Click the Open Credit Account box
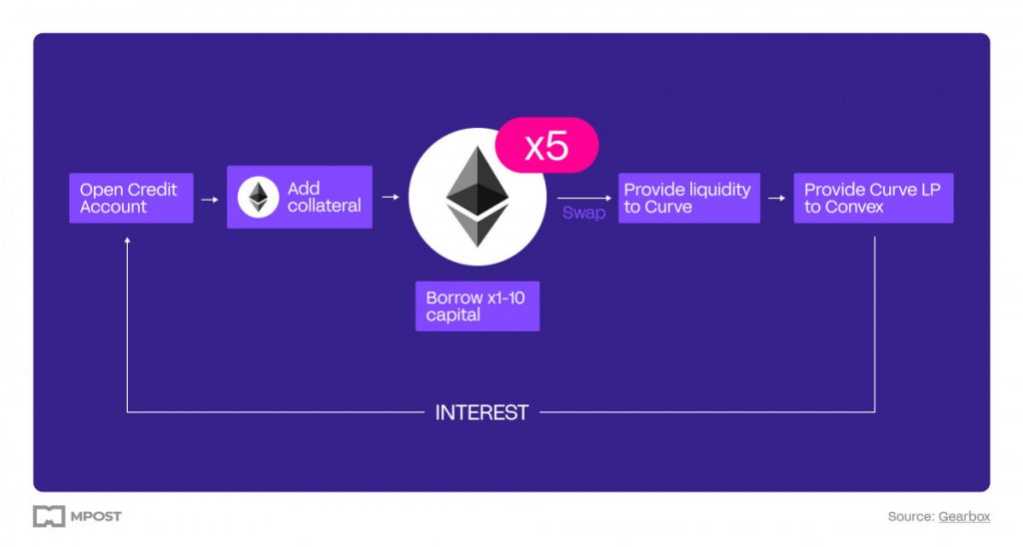click(x=131, y=199)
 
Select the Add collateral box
click(x=300, y=197)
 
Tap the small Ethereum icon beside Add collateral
click(x=259, y=197)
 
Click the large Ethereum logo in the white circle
click(x=478, y=197)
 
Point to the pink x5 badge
click(x=546, y=146)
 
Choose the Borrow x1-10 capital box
click(x=478, y=306)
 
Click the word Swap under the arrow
click(x=583, y=213)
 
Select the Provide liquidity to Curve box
click(x=689, y=199)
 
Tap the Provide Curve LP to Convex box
click(x=873, y=199)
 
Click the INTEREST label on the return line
click(x=482, y=412)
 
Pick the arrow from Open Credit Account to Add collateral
click(x=210, y=200)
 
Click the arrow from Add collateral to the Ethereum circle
click(x=391, y=197)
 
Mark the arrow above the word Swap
click(x=584, y=198)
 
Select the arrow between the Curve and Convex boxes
click(x=776, y=199)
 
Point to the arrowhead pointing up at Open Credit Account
click(x=127, y=241)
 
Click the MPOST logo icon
click(x=49, y=516)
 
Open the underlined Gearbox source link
click(x=964, y=516)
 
